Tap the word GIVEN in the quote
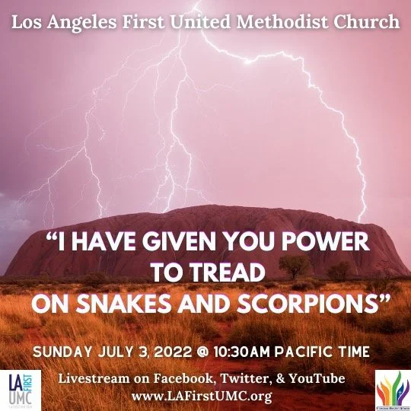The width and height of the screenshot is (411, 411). (x=179, y=244)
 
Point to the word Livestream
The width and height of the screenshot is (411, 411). (x=97, y=379)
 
